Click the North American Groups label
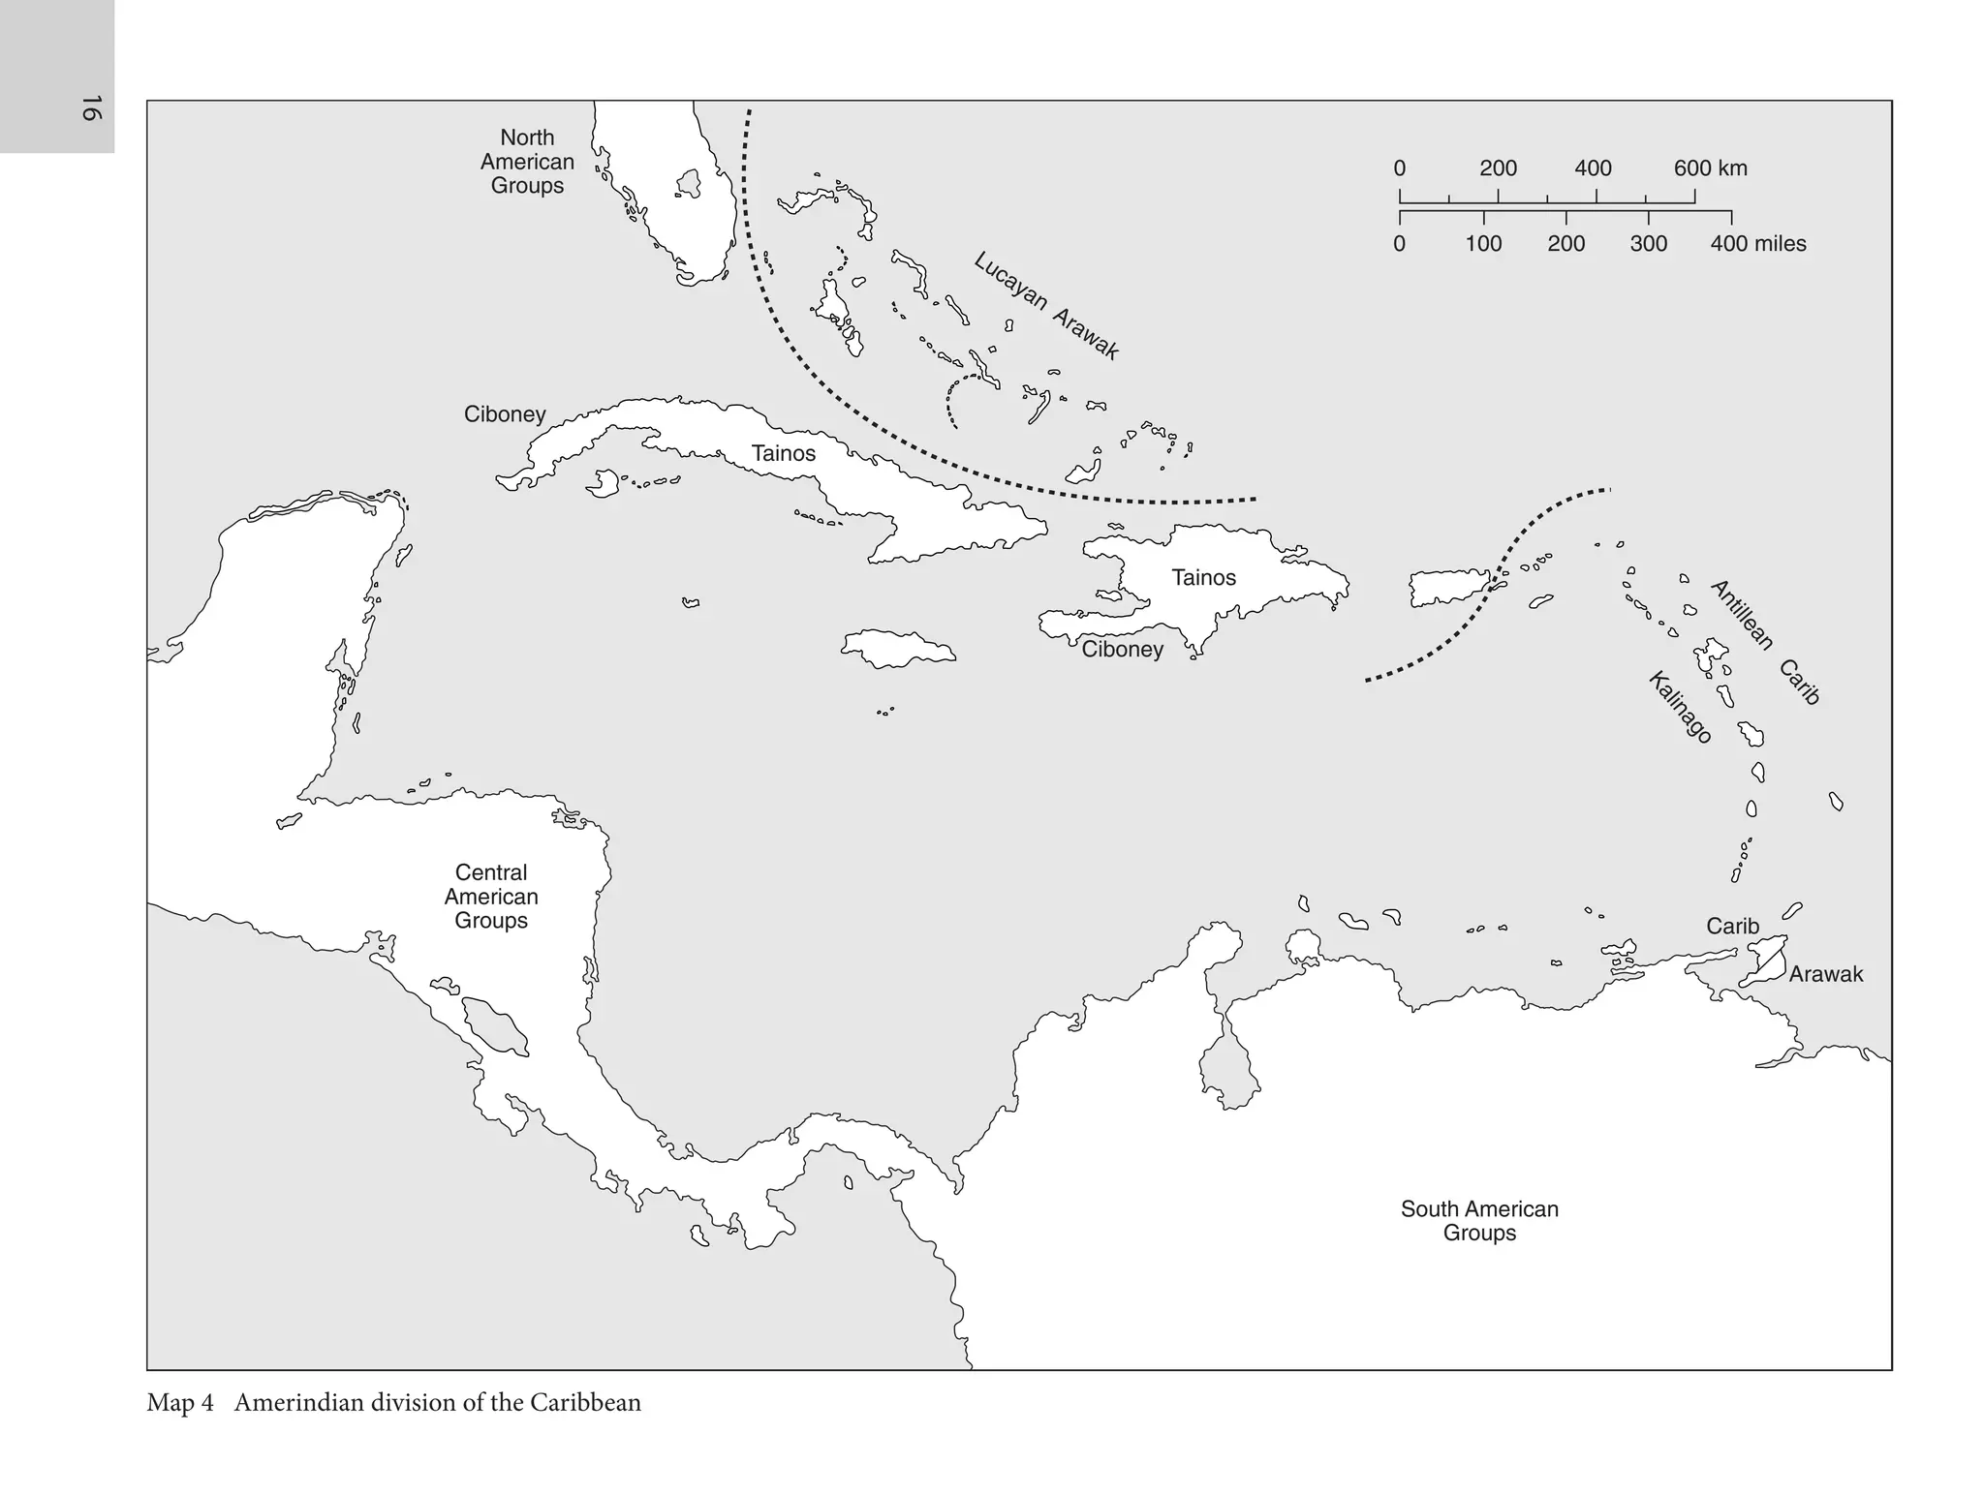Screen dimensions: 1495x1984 click(x=527, y=162)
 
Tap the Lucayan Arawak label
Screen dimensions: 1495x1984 click(x=1046, y=306)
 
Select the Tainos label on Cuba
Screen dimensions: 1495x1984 click(x=783, y=453)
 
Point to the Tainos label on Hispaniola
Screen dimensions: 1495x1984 click(x=1203, y=577)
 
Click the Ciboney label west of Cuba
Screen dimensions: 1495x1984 click(x=504, y=414)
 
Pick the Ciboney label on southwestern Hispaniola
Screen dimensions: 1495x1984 click(x=1122, y=650)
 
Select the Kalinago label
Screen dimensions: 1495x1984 click(x=1680, y=708)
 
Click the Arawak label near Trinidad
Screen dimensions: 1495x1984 click(x=1825, y=975)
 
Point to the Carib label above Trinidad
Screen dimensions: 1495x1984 click(x=1732, y=927)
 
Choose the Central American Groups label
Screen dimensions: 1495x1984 click(x=491, y=897)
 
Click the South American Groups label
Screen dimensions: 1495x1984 click(x=1479, y=1221)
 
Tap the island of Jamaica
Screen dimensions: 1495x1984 click(x=897, y=648)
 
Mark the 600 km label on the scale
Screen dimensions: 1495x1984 click(x=1710, y=168)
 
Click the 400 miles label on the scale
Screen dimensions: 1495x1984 click(x=1757, y=244)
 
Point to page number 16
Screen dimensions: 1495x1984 click(x=90, y=107)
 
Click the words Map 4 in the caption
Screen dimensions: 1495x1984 click(x=180, y=1403)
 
